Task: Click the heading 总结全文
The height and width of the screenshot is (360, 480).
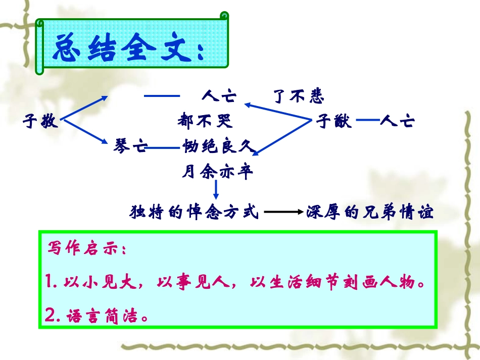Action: coord(128,49)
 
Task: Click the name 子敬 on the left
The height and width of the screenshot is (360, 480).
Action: coord(41,122)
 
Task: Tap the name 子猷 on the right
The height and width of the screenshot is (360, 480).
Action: coord(334,122)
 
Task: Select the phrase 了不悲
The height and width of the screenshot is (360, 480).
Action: coord(298,96)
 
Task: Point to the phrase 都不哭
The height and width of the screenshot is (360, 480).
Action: coord(204,121)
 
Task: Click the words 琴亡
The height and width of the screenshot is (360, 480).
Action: coord(130,147)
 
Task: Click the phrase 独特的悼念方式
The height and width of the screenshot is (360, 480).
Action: coord(194,212)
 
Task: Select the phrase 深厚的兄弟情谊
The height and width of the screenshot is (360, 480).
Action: coord(370,212)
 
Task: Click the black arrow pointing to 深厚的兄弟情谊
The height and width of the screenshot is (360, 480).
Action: coord(283,213)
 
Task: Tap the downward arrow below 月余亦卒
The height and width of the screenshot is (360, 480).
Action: coord(216,190)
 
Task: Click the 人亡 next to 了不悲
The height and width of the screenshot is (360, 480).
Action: coord(219,96)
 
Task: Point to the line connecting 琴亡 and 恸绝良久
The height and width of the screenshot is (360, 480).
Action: coord(165,148)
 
